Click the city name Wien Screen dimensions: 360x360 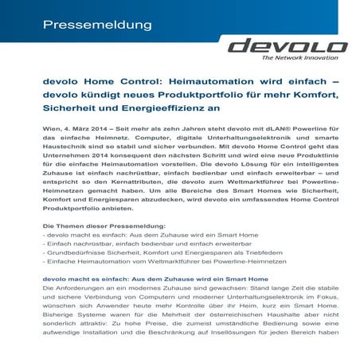click(50, 128)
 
